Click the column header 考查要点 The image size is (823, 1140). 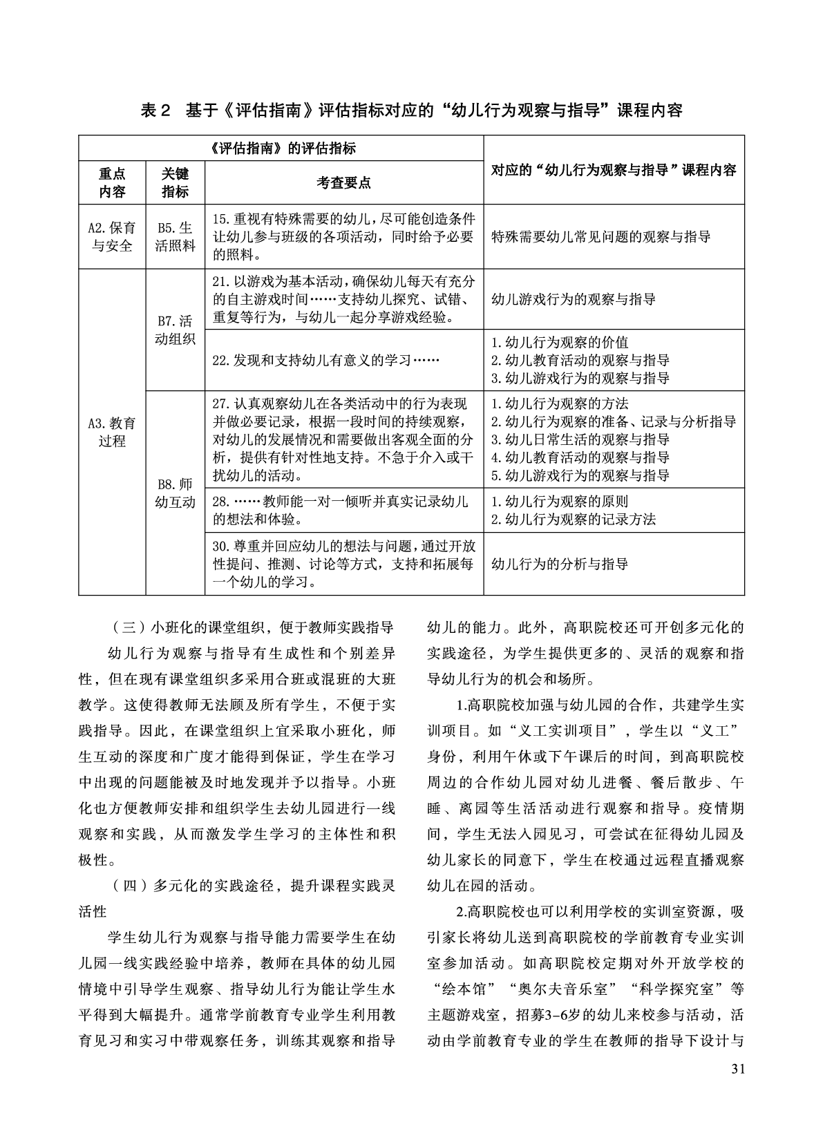coord(343,182)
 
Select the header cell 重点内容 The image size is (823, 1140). coord(112,182)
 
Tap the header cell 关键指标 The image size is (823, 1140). coord(175,182)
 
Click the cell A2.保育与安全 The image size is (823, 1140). coord(112,236)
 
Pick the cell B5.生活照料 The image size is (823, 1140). coord(175,236)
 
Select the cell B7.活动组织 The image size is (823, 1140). coord(175,330)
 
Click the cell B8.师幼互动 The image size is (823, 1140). coord(175,493)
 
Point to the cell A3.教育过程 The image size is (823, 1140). coord(112,431)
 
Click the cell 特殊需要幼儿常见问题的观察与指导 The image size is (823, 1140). coord(600,237)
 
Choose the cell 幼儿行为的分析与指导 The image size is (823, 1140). coord(560,564)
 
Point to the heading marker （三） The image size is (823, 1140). coord(125,628)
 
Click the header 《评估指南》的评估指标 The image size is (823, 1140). coord(281,148)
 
